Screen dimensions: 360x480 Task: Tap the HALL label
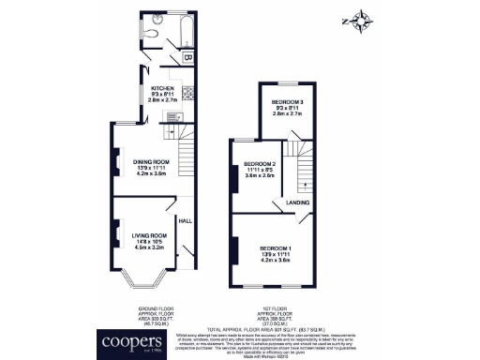186,220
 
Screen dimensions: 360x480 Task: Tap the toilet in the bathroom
154,31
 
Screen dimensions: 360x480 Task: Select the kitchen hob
187,92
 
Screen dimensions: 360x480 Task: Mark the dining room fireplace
116,160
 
